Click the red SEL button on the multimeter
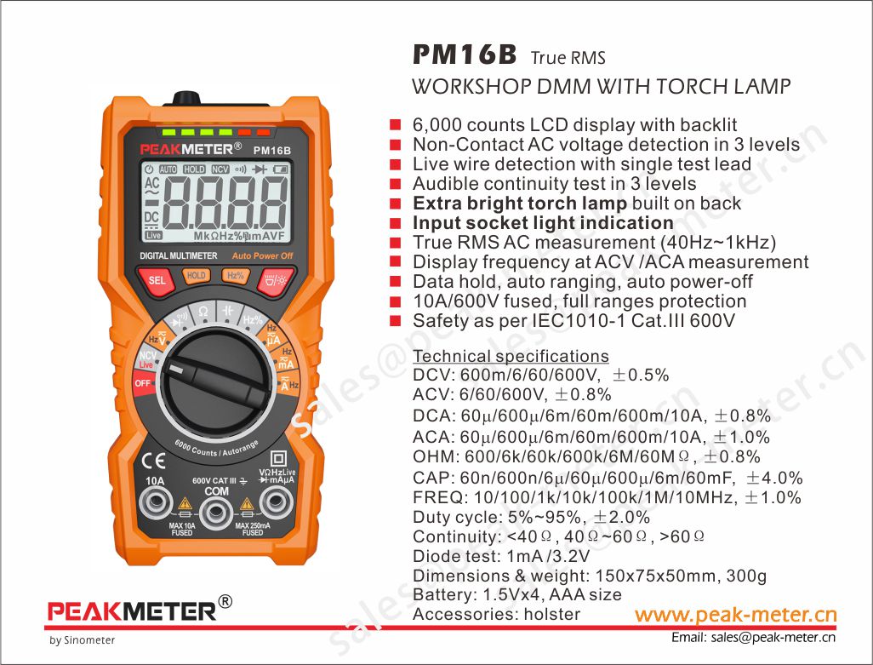[x=157, y=279]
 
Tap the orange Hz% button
[x=236, y=276]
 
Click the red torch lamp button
[x=275, y=280]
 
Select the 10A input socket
[x=156, y=502]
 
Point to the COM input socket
[x=216, y=511]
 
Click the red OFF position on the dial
[x=143, y=384]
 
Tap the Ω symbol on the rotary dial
[x=203, y=312]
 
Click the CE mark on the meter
[x=153, y=461]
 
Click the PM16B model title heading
[x=465, y=54]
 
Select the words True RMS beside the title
[x=568, y=57]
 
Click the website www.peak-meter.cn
[x=735, y=614]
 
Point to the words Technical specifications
[x=511, y=356]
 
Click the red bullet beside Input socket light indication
[x=396, y=223]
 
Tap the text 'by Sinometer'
[x=82, y=640]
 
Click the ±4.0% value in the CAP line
[x=774, y=478]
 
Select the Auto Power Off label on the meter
[x=262, y=256]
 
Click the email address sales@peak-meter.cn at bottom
[x=773, y=638]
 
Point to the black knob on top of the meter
[x=186, y=99]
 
